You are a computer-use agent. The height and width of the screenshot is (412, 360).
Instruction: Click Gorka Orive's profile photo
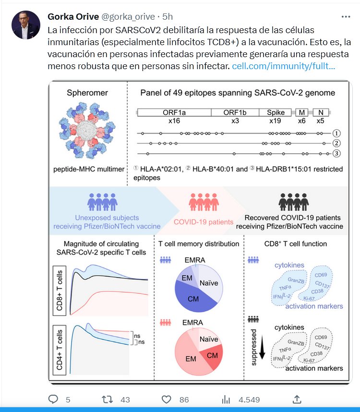click(x=26, y=25)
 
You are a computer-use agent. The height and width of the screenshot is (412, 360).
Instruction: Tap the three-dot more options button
click(x=346, y=17)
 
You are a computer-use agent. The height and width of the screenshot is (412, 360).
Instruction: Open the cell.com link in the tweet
click(x=283, y=65)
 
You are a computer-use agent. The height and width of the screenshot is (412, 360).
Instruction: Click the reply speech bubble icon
click(x=54, y=399)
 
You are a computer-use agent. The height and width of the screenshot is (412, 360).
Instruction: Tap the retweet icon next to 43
click(x=108, y=399)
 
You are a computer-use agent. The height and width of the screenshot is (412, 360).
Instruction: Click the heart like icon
click(x=167, y=399)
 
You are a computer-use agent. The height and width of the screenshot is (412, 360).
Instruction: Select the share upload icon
click(x=297, y=399)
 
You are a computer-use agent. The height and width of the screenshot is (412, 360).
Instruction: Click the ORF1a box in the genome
click(x=174, y=113)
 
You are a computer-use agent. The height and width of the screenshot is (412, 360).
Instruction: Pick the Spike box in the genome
click(x=276, y=113)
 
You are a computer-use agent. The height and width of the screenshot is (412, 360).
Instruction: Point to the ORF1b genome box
click(x=235, y=113)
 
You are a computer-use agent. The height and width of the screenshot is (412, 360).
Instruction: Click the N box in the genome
click(x=320, y=113)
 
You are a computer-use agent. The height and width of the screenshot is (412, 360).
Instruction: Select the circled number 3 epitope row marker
click(x=336, y=153)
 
